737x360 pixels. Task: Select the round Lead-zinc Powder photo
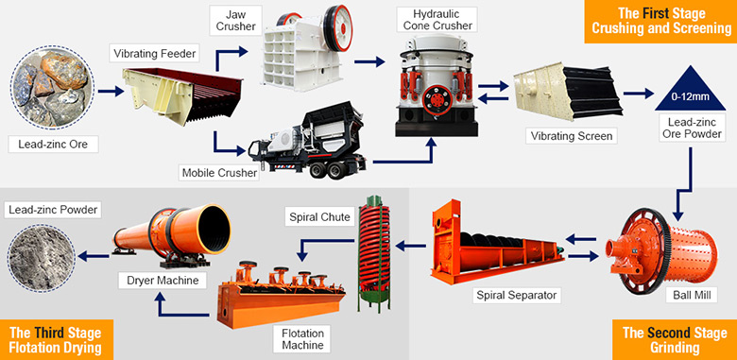pyautogui.click(x=43, y=256)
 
